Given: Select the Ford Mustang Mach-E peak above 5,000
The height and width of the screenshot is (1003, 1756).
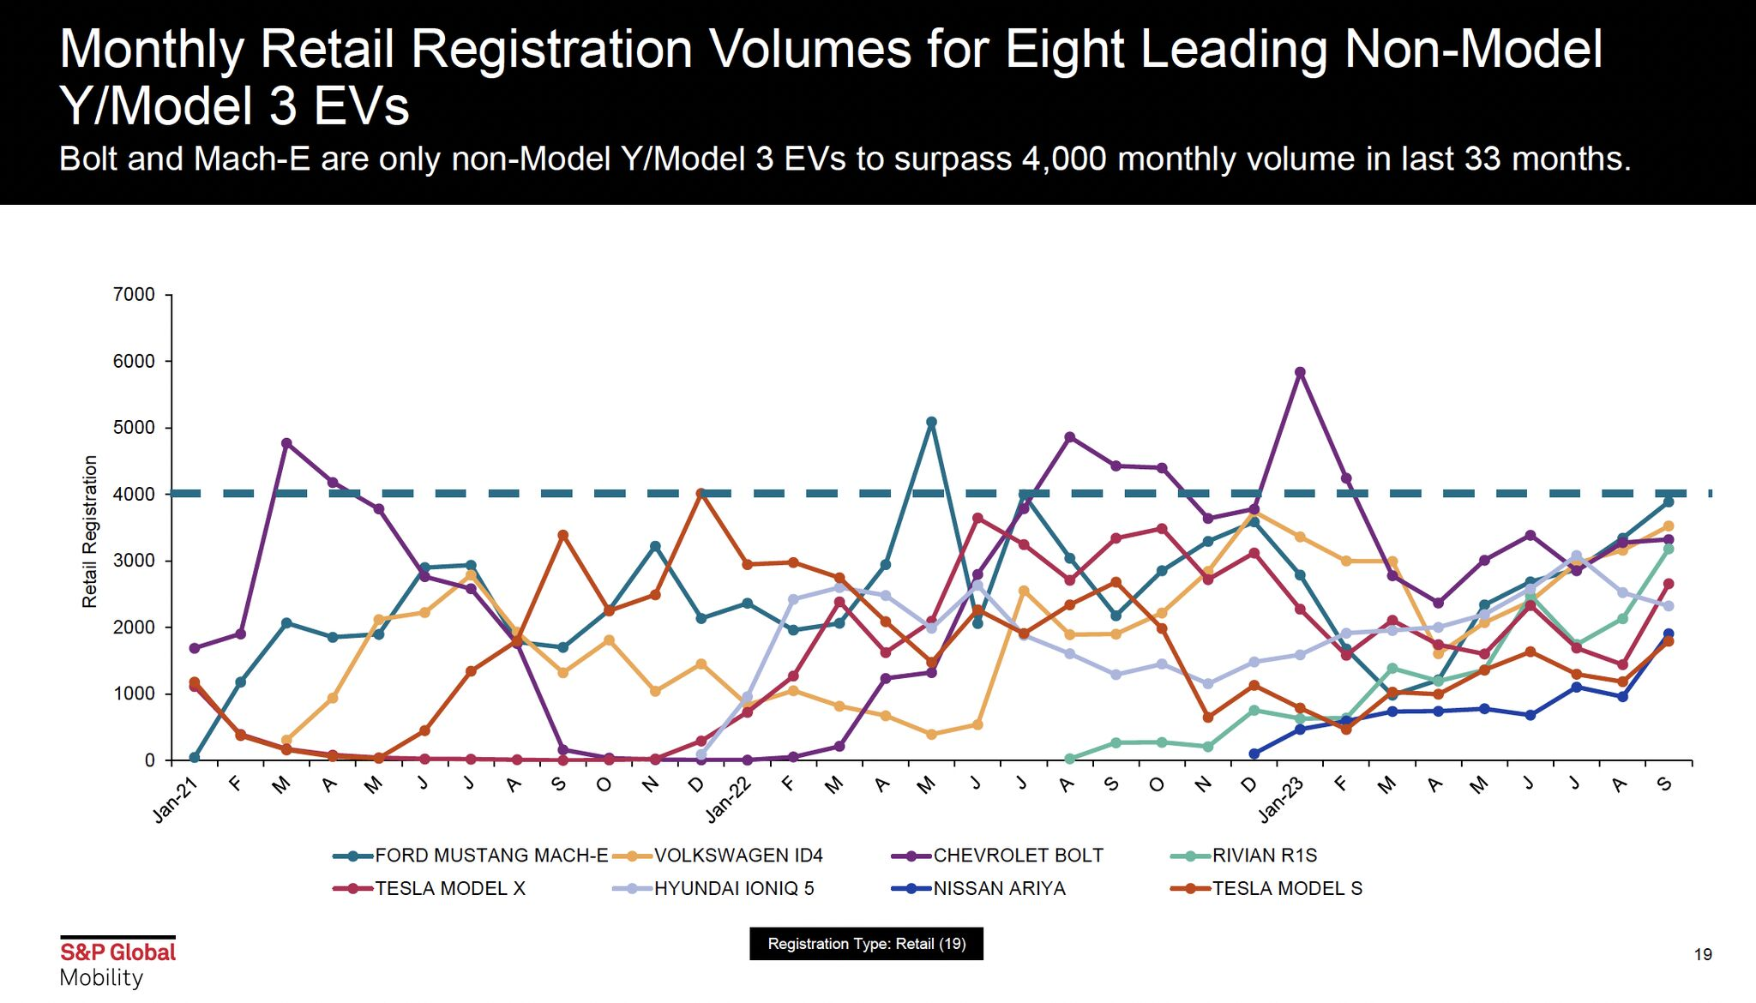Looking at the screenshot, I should point(931,422).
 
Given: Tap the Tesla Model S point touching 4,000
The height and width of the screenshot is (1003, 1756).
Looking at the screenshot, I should point(701,494).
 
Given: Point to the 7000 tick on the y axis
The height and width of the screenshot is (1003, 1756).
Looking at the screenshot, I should point(135,295).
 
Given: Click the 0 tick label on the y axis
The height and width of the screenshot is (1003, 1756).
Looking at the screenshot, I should point(149,760).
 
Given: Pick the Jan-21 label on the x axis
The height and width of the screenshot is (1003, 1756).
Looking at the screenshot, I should point(176,801).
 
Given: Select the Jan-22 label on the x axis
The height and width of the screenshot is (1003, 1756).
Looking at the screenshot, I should point(729,801).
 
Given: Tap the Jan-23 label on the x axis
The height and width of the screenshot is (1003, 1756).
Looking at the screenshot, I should point(1282,801).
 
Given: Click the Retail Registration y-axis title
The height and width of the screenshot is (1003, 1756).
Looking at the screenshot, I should point(90,532).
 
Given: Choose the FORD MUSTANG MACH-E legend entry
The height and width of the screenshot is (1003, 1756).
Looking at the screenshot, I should point(491,856).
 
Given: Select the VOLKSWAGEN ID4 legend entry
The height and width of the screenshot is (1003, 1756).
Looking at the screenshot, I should point(738,856).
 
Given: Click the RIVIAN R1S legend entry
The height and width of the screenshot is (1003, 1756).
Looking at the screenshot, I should point(1264,856).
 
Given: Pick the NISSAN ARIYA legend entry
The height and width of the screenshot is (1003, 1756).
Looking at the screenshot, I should point(999,889).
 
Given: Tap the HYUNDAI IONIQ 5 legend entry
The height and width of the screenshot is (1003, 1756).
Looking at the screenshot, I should point(734,889).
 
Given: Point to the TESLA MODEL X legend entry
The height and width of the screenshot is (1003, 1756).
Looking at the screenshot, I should point(450,889).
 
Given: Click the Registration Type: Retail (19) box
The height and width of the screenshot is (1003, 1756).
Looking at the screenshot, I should point(866,944).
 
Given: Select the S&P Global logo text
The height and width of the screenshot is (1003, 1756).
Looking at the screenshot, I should point(117,952).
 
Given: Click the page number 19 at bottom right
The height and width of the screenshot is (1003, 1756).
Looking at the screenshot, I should point(1703,955).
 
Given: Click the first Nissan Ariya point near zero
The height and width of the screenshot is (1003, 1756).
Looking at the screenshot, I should point(1254,754).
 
